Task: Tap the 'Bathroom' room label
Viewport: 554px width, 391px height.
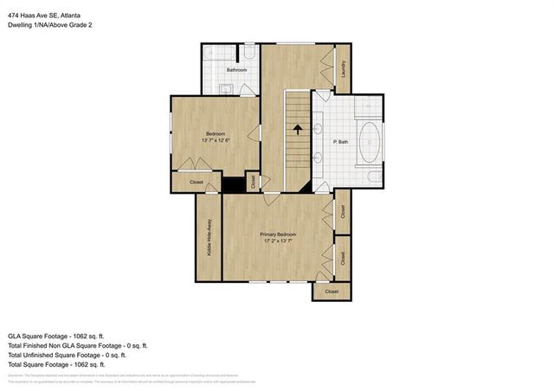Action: click(x=237, y=69)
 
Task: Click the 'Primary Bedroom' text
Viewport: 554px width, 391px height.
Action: click(x=279, y=234)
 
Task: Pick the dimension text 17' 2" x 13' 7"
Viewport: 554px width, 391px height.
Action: click(x=279, y=241)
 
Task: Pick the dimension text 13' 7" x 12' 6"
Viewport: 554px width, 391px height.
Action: click(x=215, y=140)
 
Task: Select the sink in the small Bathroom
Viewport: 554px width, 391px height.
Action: click(x=224, y=87)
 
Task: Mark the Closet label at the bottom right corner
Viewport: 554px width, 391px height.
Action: click(x=332, y=292)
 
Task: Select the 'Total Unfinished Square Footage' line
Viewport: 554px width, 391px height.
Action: click(x=67, y=355)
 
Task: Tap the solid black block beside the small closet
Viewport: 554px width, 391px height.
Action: click(x=234, y=184)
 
